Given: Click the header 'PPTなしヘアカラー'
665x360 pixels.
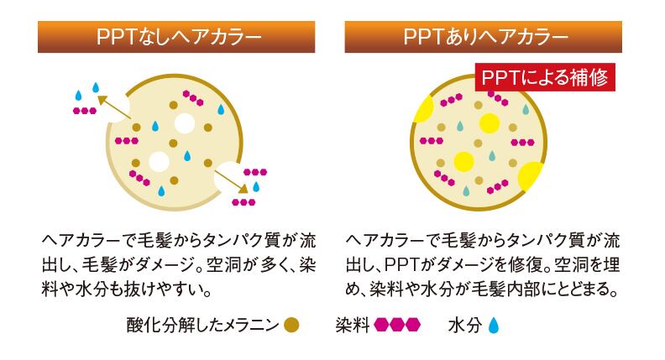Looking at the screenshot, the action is [x=175, y=38].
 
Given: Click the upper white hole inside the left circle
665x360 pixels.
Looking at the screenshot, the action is [x=184, y=126].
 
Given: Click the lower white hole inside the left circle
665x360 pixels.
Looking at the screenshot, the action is [x=158, y=160].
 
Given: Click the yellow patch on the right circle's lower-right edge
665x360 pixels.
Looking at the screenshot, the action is [x=530, y=175].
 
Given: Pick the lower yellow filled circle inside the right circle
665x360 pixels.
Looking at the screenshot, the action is [x=462, y=160].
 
